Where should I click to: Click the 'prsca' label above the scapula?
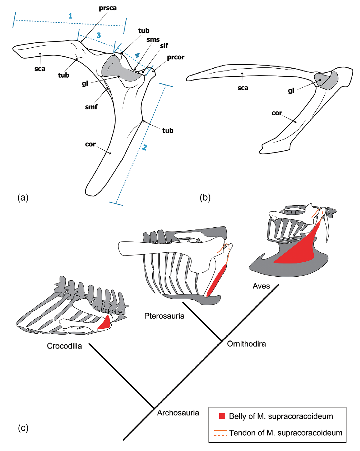pos(108,8)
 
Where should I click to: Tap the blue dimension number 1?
pos(71,16)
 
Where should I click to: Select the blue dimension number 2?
pos(144,147)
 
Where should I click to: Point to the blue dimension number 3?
pos(98,35)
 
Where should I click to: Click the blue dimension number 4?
pos(137,55)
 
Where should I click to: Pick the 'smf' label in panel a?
pos(91,107)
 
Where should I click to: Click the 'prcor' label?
pos(175,57)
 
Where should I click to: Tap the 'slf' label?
pos(164,46)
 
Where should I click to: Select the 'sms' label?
pos(153,40)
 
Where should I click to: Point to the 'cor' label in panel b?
pos(276,113)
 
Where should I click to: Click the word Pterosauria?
pos(164,316)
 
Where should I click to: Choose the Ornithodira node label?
pos(246,344)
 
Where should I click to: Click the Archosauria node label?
pos(178,413)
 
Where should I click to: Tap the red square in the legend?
pos(222,416)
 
